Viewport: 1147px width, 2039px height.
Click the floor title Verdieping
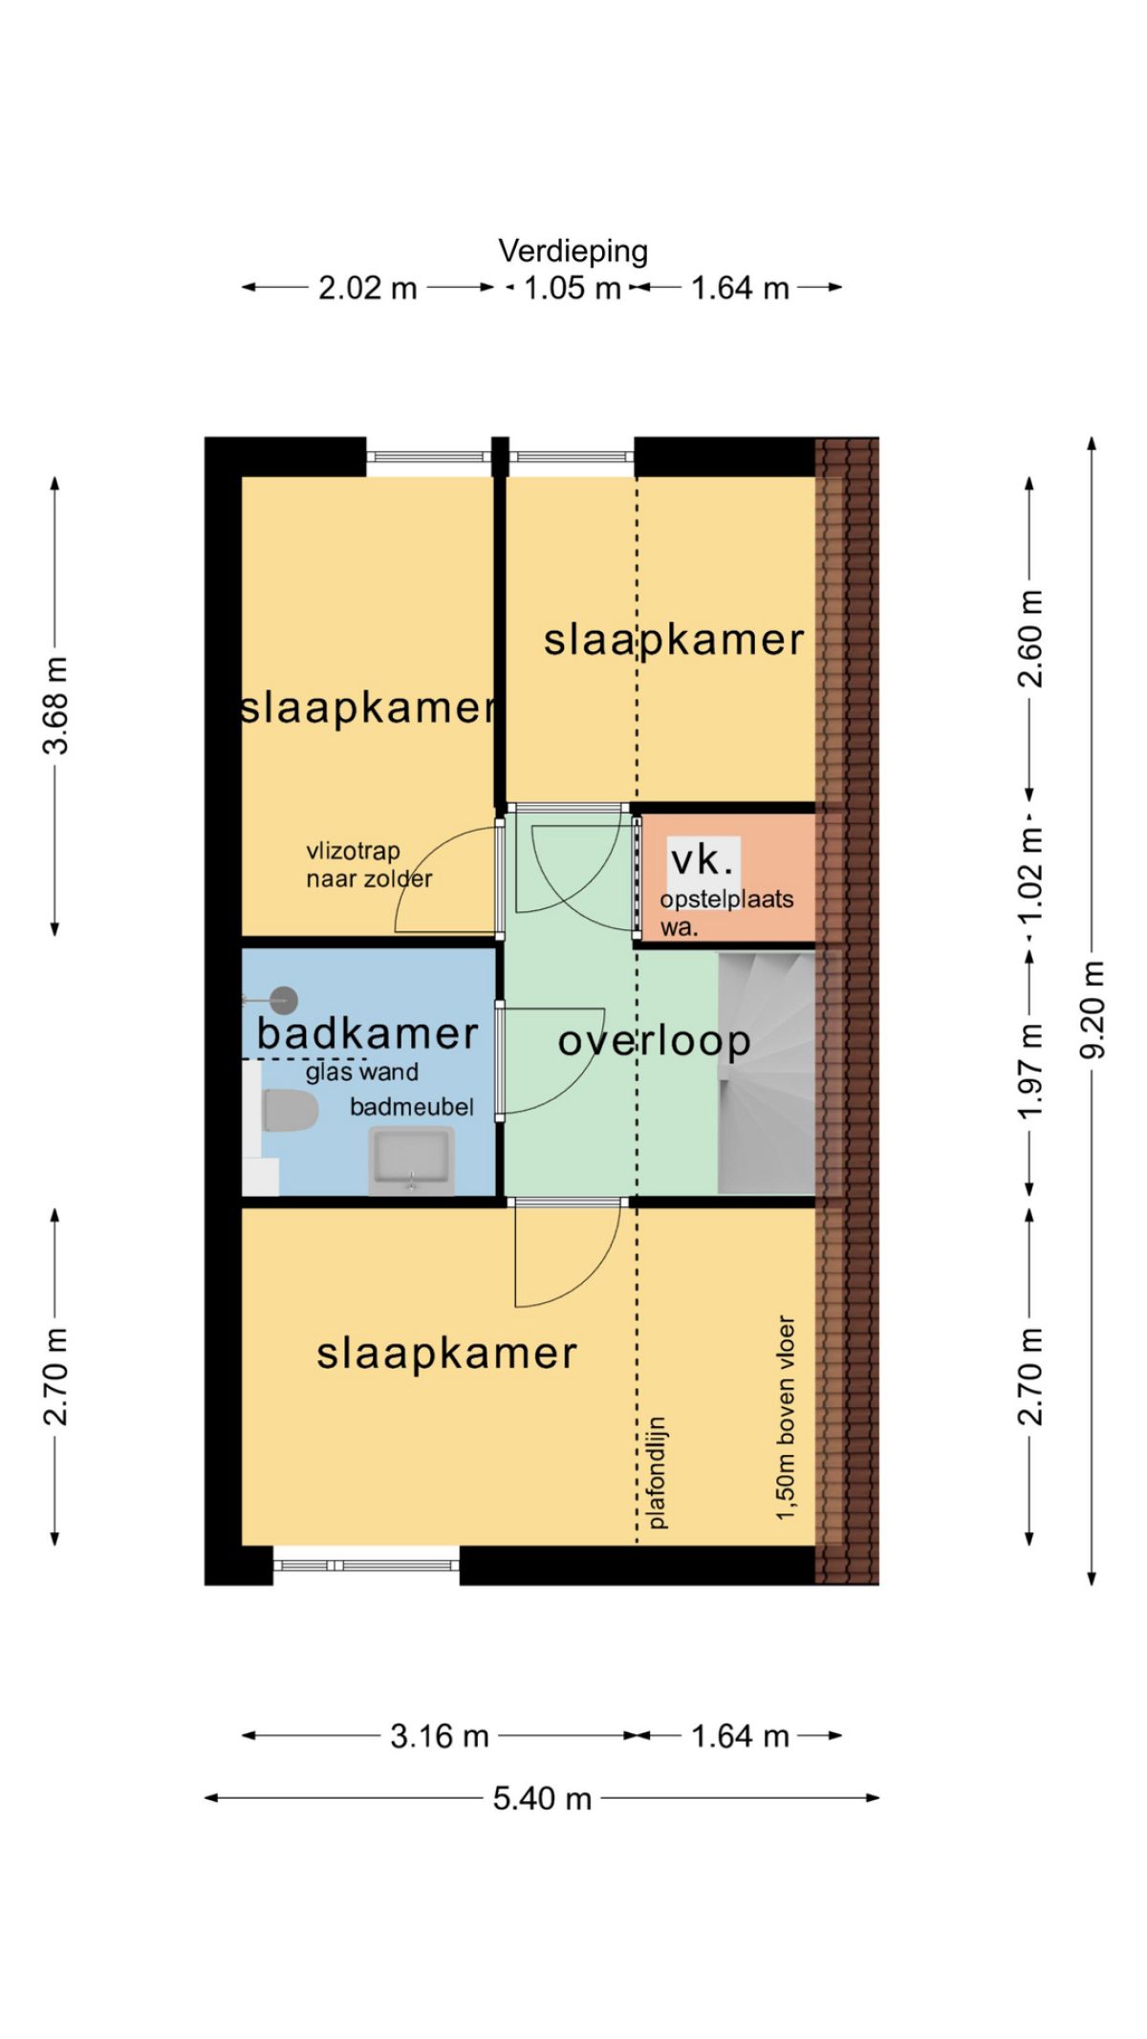pos(573,251)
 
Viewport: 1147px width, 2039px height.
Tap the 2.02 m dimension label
pos(368,288)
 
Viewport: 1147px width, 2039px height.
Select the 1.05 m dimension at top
pos(573,288)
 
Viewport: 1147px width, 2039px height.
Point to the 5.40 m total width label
pos(542,1798)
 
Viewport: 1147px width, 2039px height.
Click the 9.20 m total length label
pos(1092,1009)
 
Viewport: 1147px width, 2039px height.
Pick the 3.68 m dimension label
pos(55,705)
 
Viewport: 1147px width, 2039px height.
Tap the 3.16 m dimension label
pos(440,1735)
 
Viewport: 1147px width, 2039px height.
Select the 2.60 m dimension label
pos(1030,639)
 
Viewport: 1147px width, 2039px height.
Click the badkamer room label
pos(368,1033)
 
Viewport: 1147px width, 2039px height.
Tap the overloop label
pos(654,1041)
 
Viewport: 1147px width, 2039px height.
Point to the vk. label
pos(703,860)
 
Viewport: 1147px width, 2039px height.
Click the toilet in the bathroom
pos(289,1110)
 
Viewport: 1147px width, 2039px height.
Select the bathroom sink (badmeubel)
pos(412,1160)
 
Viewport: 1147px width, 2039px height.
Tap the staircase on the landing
pos(767,1073)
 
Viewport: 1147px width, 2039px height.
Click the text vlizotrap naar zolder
pos(369,865)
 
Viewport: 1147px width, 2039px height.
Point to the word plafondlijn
pos(657,1473)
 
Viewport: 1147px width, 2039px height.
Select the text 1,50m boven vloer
pos(785,1419)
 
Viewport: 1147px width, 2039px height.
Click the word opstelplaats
pos(726,900)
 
